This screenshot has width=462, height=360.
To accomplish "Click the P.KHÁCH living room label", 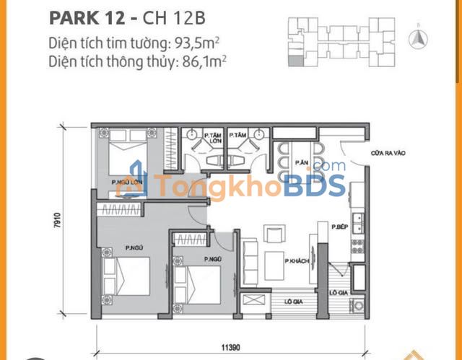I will click(297, 260).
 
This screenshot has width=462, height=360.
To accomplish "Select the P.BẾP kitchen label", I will click(341, 227).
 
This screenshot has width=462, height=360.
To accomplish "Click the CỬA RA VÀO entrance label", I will click(366, 153).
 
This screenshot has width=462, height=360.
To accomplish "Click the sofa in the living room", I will click(249, 260).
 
